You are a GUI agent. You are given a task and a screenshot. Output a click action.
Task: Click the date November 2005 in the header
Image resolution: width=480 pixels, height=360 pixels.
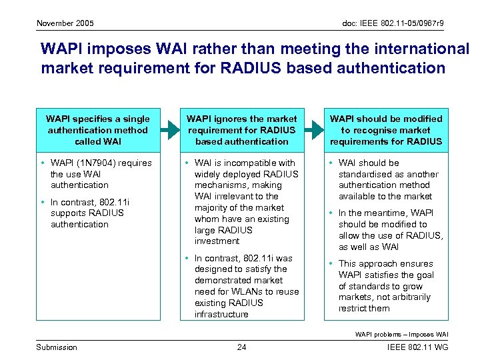(x=65, y=23)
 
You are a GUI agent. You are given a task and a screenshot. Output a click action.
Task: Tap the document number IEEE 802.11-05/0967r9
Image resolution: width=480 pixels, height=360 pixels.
(x=393, y=23)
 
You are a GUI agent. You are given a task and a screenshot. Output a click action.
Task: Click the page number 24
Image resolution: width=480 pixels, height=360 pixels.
(x=242, y=347)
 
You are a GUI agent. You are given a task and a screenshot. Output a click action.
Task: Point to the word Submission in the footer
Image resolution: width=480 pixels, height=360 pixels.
(x=57, y=347)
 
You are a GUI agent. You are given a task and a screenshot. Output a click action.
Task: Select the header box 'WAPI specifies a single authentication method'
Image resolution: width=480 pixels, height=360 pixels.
(x=98, y=130)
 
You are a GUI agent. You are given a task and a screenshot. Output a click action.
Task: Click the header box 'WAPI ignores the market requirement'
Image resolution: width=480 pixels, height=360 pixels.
(x=242, y=130)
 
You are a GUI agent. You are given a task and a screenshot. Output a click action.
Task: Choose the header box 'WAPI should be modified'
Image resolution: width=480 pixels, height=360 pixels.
(x=386, y=130)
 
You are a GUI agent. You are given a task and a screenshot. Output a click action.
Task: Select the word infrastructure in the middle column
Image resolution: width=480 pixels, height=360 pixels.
(x=221, y=314)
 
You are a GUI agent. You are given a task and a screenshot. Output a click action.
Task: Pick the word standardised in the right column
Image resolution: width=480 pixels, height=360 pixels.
(x=365, y=174)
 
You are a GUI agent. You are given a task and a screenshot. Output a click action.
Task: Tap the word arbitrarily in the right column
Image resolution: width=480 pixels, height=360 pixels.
(x=406, y=297)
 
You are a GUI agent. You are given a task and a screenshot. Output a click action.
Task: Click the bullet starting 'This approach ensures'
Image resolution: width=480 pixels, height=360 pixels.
(x=385, y=263)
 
